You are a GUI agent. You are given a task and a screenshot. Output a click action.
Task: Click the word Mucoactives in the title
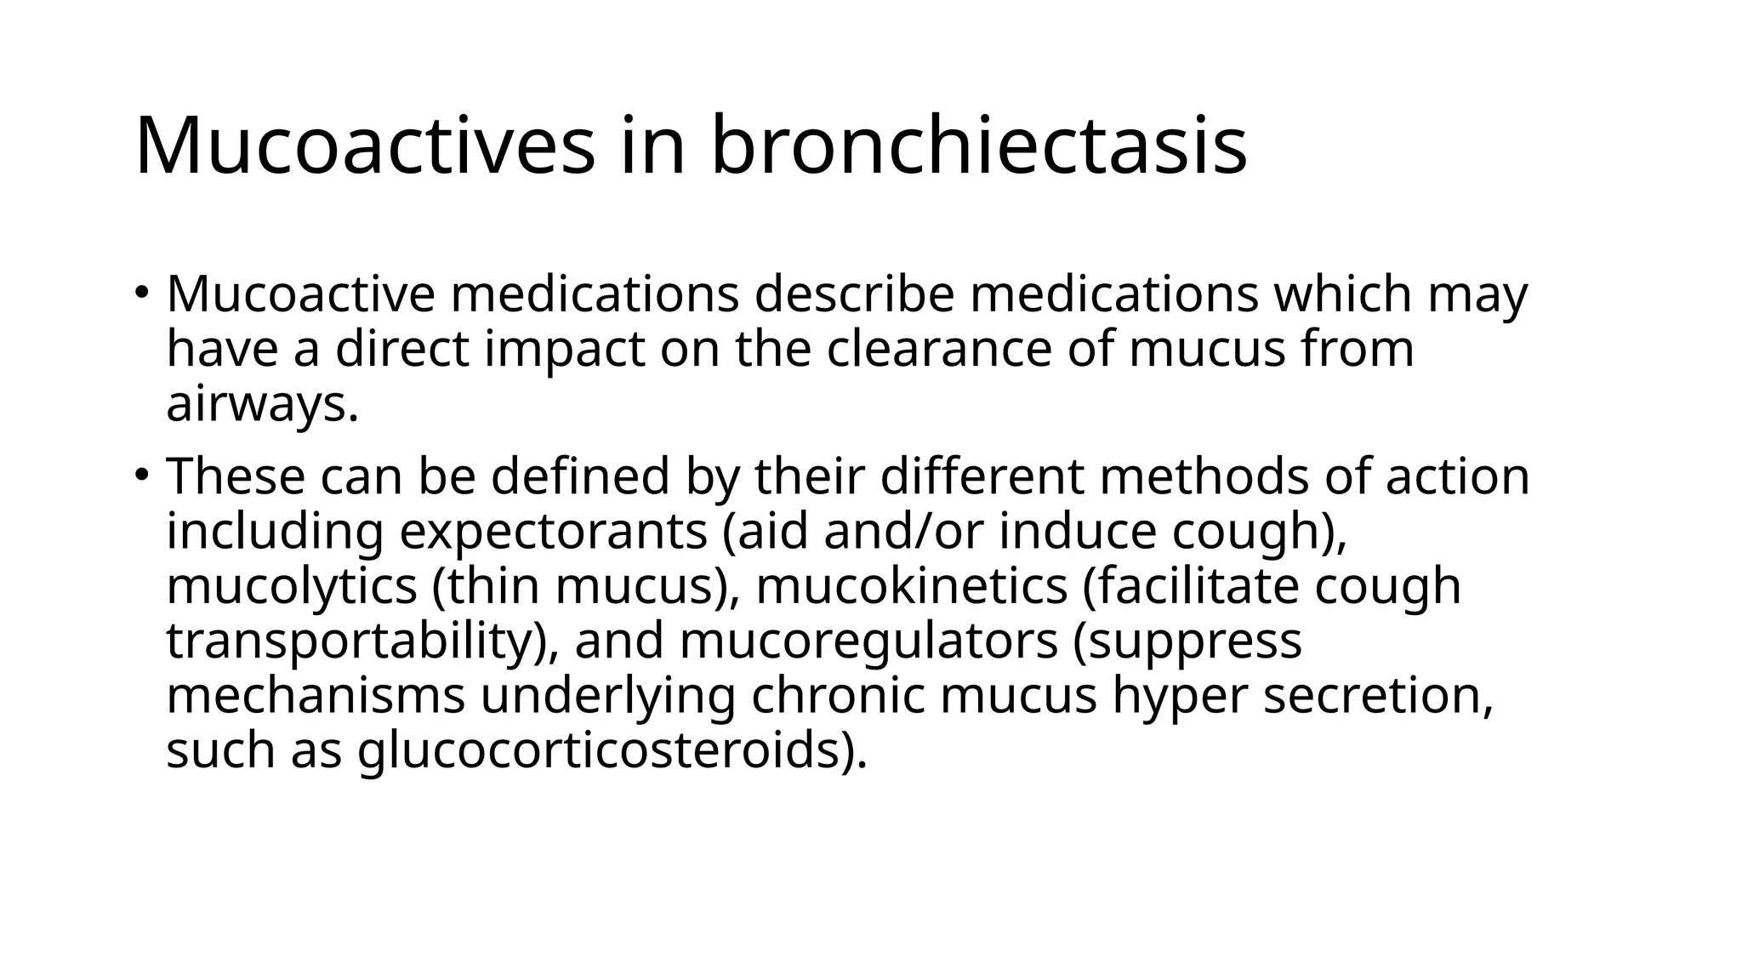[365, 145]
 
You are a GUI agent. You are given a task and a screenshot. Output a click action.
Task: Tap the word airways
[256, 405]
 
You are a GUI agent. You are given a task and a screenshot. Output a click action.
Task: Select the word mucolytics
[292, 586]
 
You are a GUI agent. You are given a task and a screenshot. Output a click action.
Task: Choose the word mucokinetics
[911, 586]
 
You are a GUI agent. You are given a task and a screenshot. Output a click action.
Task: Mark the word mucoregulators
[868, 641]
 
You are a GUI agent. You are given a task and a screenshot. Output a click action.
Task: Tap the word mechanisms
[316, 696]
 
